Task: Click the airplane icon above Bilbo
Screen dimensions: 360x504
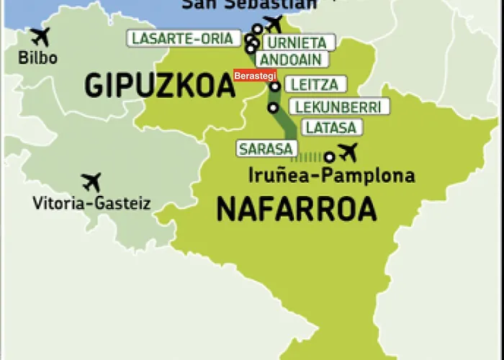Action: coord(40,36)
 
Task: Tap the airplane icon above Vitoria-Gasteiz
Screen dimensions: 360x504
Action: coord(91,181)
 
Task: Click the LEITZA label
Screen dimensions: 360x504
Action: coord(312,85)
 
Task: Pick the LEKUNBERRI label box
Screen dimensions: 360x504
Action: coord(339,107)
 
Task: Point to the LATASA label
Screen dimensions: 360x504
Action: coord(329,127)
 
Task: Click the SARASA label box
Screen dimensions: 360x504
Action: coord(266,149)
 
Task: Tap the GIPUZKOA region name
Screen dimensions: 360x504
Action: coord(160,86)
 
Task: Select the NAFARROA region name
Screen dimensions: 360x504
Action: coord(296,210)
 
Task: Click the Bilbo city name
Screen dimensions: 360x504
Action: coord(38,58)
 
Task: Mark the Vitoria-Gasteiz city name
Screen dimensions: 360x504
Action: coord(91,204)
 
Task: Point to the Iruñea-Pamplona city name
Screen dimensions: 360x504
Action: coord(330,175)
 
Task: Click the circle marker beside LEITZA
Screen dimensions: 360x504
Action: coord(275,86)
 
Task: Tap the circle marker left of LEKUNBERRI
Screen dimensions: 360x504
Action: coord(273,108)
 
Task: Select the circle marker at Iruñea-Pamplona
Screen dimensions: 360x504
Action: coord(329,156)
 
